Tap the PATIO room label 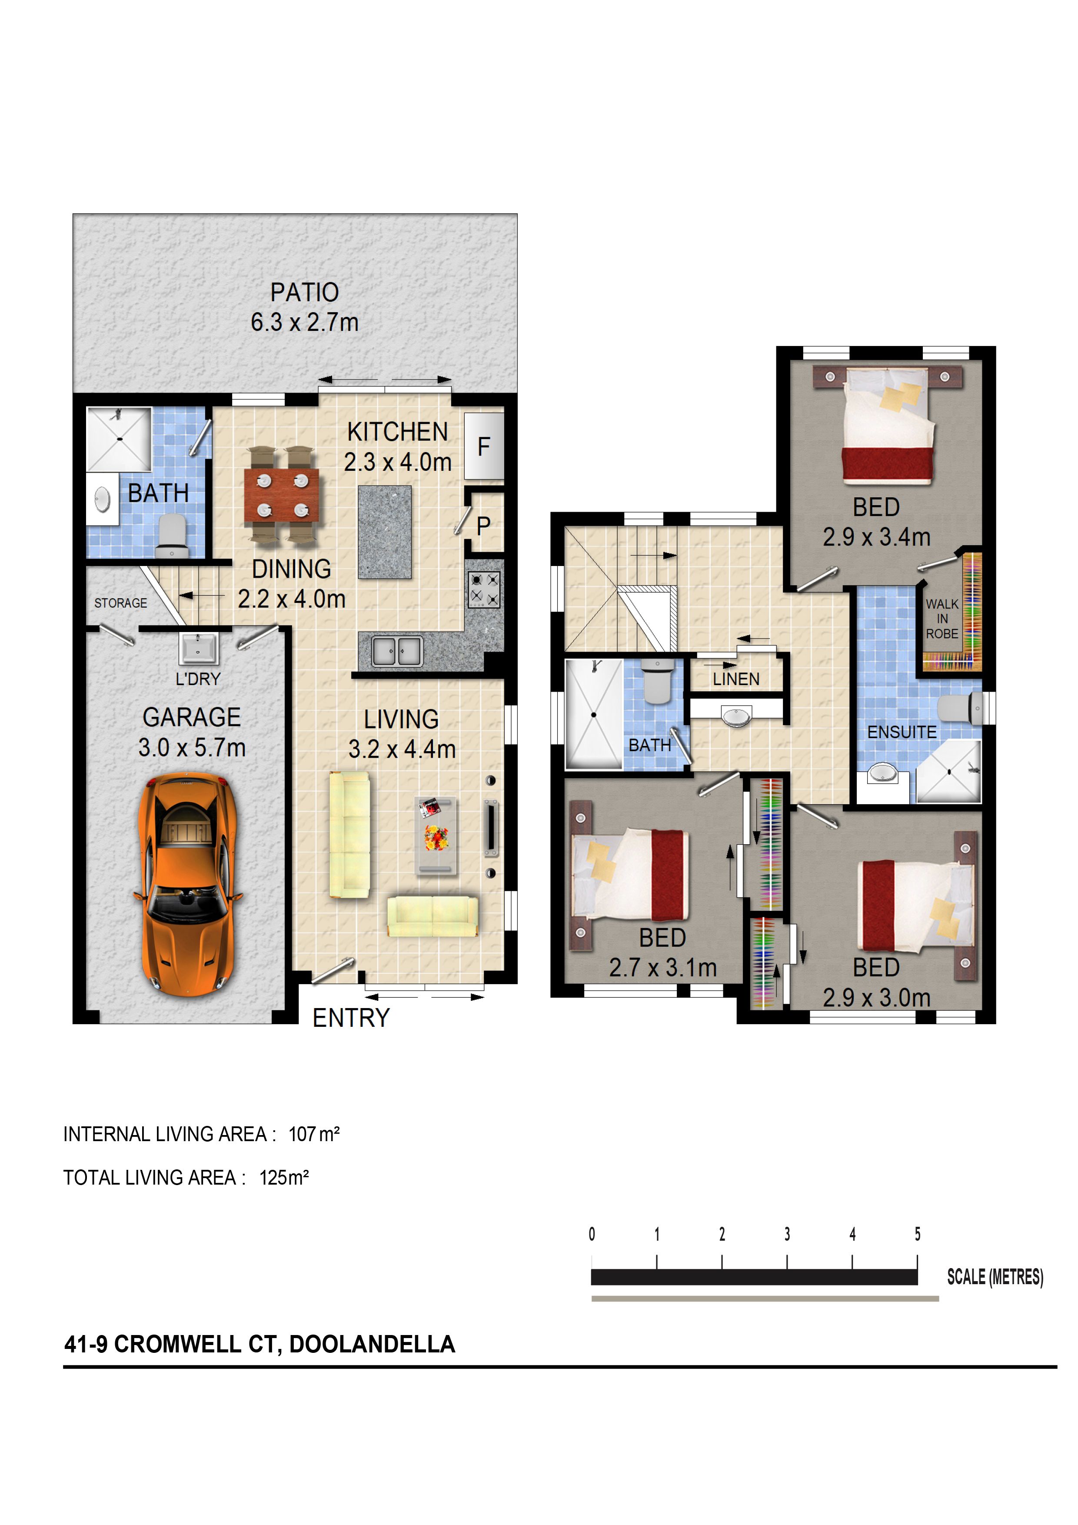[x=304, y=292]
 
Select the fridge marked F [x=483, y=446]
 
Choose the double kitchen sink [x=396, y=651]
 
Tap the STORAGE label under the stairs [x=121, y=603]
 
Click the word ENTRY [x=351, y=1018]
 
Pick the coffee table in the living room [x=435, y=836]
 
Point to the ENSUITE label [x=902, y=732]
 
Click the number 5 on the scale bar [x=917, y=1234]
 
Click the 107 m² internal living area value [x=313, y=1134]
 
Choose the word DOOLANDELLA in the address [x=372, y=1344]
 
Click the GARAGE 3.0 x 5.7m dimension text [x=191, y=748]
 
